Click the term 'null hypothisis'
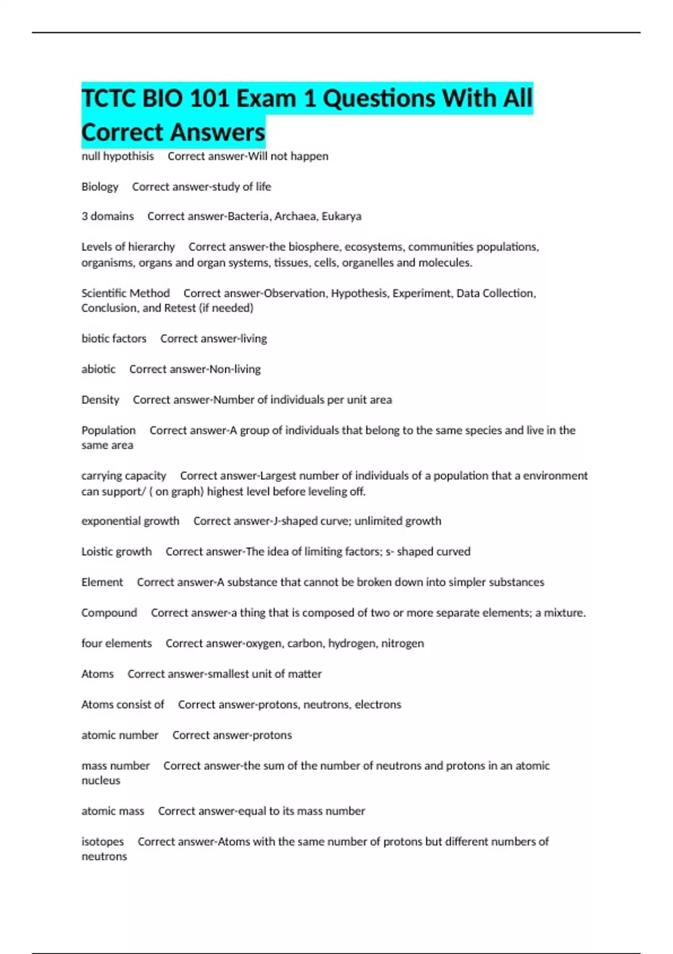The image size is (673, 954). coord(117,156)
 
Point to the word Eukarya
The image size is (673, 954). coord(342,216)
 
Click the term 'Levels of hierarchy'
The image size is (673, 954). coord(128,246)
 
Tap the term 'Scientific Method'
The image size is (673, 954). coord(125,293)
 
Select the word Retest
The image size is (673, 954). coord(179,308)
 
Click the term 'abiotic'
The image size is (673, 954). coord(98,369)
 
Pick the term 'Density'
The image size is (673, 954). coord(100,400)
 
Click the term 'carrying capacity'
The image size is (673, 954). coord(123,475)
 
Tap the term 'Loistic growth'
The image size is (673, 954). coord(116,551)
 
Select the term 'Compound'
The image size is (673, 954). coord(109,612)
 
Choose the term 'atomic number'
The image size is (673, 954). coord(119,735)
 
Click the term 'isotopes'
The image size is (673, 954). coord(102,841)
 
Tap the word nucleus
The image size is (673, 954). coord(100,780)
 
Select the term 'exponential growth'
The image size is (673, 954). coord(130,521)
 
